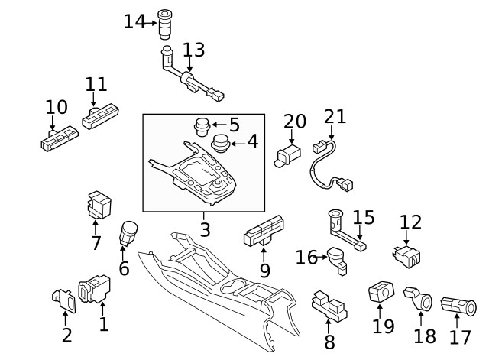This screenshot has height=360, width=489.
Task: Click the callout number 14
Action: point(133,21)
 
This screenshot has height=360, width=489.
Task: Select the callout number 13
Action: point(194,50)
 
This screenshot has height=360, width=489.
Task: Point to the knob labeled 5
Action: point(201,125)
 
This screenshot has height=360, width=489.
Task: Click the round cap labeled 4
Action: point(220,143)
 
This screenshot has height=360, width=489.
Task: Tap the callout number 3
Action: point(205,228)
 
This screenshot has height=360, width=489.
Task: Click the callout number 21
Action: point(335,117)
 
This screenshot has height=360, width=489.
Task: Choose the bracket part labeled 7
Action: point(99,205)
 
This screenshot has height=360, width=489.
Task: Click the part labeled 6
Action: point(128,232)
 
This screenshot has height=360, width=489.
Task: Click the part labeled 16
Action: point(337,258)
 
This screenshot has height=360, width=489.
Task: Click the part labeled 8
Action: point(327,306)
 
